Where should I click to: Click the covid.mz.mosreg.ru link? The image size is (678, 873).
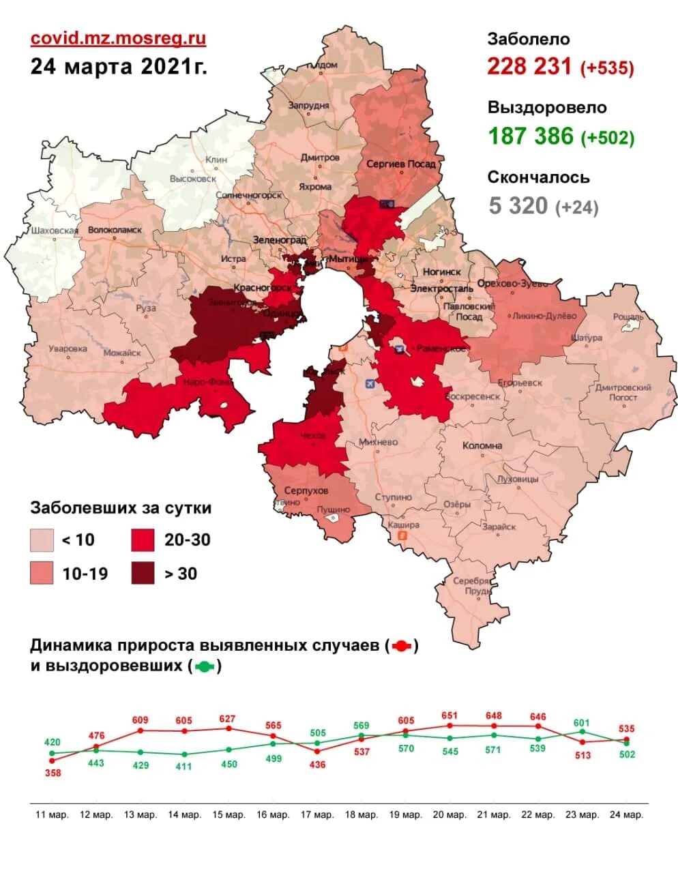click(x=118, y=38)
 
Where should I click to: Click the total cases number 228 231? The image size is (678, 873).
click(x=529, y=67)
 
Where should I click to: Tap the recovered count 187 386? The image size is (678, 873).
click(x=531, y=136)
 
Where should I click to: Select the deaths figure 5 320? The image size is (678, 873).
click(x=518, y=205)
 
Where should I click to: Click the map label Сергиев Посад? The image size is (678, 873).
click(x=400, y=164)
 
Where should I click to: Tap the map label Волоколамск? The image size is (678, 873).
click(x=115, y=231)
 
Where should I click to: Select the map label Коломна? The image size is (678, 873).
click(x=482, y=445)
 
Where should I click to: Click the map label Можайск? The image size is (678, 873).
click(x=122, y=353)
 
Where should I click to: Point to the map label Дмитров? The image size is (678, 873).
click(x=320, y=158)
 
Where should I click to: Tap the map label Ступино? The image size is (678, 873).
click(x=392, y=497)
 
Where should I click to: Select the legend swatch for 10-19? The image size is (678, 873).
click(x=42, y=573)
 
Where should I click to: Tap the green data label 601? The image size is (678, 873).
click(x=581, y=723)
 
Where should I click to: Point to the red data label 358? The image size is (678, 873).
click(x=53, y=773)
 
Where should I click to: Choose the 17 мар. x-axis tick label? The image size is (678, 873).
click(x=316, y=815)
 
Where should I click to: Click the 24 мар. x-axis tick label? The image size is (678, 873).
click(x=625, y=815)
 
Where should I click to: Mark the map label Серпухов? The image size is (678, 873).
click(x=306, y=490)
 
